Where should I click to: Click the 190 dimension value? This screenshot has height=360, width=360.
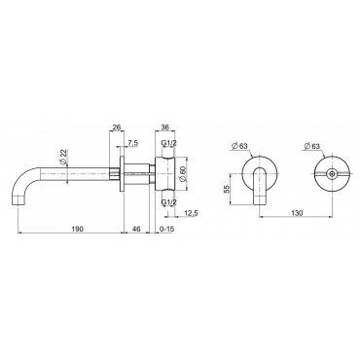click(78, 229)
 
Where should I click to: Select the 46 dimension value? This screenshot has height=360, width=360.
click(136, 229)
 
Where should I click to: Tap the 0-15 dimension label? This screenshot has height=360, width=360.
click(167, 229)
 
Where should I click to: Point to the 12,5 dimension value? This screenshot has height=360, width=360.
click(191, 213)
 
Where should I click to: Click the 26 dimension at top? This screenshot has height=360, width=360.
click(116, 127)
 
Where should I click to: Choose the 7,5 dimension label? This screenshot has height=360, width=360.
click(132, 144)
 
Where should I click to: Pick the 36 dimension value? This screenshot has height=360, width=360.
click(165, 127)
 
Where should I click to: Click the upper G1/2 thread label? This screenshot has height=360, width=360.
click(168, 143)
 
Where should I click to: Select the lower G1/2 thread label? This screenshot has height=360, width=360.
click(168, 202)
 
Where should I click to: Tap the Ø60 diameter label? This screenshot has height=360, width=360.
click(183, 174)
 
